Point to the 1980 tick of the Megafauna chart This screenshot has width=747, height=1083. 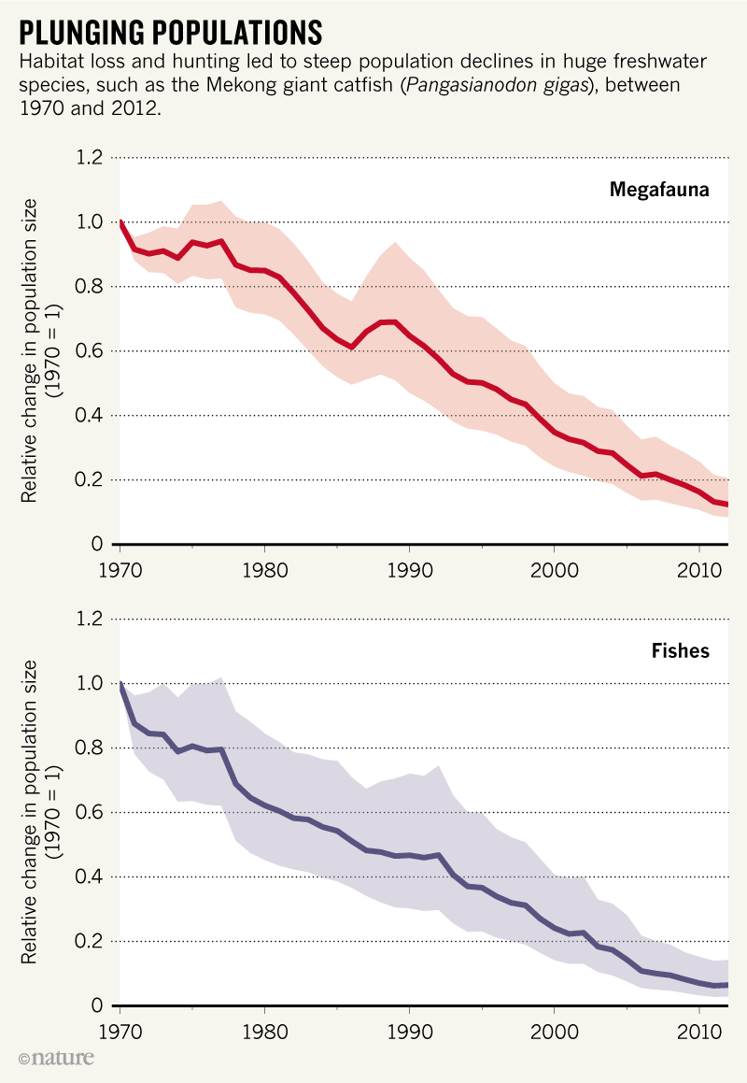pyautogui.click(x=264, y=568)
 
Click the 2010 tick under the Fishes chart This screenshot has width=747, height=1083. pyautogui.click(x=699, y=1030)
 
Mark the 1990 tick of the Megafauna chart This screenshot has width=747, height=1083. pyautogui.click(x=409, y=568)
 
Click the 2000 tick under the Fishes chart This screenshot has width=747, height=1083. pyautogui.click(x=554, y=1030)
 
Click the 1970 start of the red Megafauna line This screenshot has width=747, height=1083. pyautogui.click(x=120, y=222)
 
